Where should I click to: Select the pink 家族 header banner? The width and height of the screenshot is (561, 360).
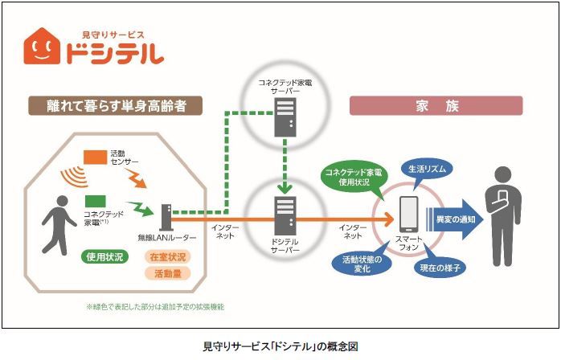pyautogui.click(x=436, y=105)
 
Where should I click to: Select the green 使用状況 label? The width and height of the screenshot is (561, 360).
pyautogui.click(x=104, y=256)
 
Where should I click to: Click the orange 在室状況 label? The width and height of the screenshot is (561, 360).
pyautogui.click(x=166, y=256)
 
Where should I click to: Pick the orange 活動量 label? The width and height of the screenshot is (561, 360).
pyautogui.click(x=166, y=273)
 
